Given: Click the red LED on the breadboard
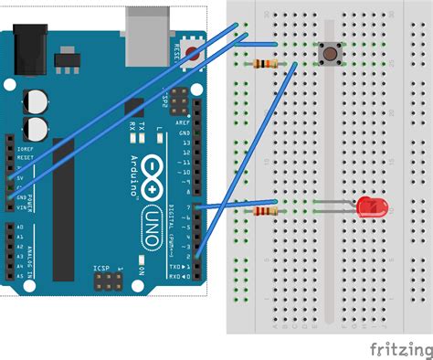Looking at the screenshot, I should pyautogui.click(x=371, y=207).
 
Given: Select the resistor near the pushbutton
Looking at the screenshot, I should pyautogui.click(x=267, y=64).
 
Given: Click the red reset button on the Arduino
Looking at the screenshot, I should pyautogui.click(x=193, y=53).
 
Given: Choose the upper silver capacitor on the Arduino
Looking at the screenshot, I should pyautogui.click(x=37, y=99).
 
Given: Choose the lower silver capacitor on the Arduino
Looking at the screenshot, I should pyautogui.click(x=37, y=126).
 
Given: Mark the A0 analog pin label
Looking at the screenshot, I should pyautogui.click(x=20, y=226).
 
